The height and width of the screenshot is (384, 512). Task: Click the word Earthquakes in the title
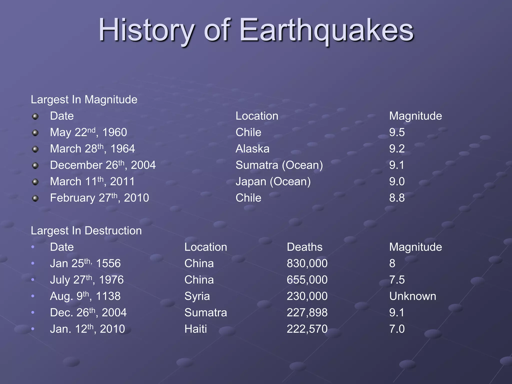click(326, 30)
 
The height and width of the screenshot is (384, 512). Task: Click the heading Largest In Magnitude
click(84, 99)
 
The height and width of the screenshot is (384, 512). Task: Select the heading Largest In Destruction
click(86, 230)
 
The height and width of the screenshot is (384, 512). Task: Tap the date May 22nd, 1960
click(88, 132)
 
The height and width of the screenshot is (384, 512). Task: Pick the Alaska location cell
click(252, 149)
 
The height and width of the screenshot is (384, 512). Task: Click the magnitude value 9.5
click(397, 132)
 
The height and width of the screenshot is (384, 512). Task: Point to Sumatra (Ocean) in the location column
click(279, 165)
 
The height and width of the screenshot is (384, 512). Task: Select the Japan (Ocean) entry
click(273, 181)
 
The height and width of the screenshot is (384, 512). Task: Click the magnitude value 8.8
click(397, 198)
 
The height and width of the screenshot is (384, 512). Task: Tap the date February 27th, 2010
click(99, 198)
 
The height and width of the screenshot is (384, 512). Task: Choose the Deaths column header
click(304, 247)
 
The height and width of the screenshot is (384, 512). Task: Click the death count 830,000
click(307, 263)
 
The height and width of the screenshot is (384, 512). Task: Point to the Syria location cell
click(197, 296)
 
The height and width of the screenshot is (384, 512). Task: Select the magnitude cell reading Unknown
click(412, 296)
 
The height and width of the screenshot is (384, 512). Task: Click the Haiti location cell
click(195, 329)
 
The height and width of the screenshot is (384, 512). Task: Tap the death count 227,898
click(307, 312)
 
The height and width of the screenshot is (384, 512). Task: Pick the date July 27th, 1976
click(87, 280)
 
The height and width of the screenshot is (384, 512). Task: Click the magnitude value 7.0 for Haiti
click(397, 329)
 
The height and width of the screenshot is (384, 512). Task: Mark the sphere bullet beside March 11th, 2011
click(35, 182)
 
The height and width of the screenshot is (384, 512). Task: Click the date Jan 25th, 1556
click(85, 263)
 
